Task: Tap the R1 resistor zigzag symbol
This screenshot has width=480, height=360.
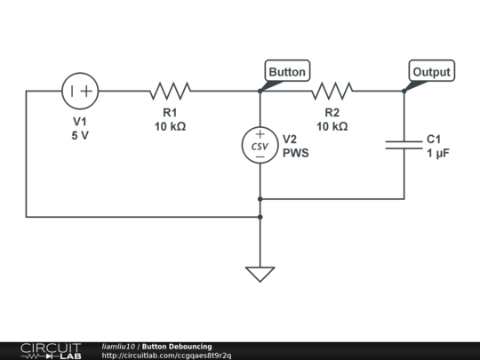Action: click(x=170, y=91)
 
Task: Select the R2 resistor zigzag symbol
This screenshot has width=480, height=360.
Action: click(x=332, y=91)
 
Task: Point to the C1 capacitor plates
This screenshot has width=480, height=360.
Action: click(x=404, y=145)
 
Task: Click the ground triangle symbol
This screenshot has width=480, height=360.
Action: click(x=260, y=275)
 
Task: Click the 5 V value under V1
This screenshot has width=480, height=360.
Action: click(x=80, y=135)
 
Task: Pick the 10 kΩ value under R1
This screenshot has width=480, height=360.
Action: click(x=170, y=126)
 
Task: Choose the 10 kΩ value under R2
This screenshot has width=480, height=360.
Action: click(x=332, y=126)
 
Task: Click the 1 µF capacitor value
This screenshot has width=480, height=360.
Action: click(x=438, y=153)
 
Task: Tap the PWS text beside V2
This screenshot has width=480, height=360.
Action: click(x=296, y=153)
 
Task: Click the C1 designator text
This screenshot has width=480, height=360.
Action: click(x=434, y=140)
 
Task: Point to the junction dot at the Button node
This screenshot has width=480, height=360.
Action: click(x=260, y=91)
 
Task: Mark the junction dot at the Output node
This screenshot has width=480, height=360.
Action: click(x=404, y=91)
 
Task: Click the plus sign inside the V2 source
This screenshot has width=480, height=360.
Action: click(x=260, y=134)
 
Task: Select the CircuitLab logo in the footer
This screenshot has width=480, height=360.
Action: click(x=52, y=351)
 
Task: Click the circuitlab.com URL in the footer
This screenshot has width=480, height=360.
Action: click(x=166, y=356)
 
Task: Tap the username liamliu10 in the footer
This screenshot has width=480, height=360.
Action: click(x=118, y=347)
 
